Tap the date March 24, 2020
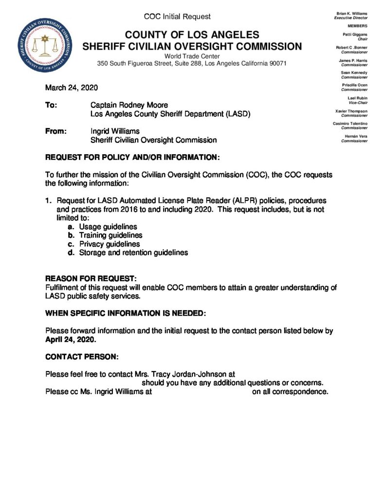(72, 88)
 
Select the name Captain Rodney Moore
(129, 105)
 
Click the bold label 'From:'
(56, 131)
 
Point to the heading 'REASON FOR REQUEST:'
(91, 279)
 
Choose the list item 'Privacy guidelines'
(110, 244)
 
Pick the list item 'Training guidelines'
(111, 235)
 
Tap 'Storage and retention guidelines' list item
(133, 253)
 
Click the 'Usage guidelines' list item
(108, 227)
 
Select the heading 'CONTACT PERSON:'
(82, 357)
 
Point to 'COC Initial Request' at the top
(177, 17)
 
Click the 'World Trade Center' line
(192, 56)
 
